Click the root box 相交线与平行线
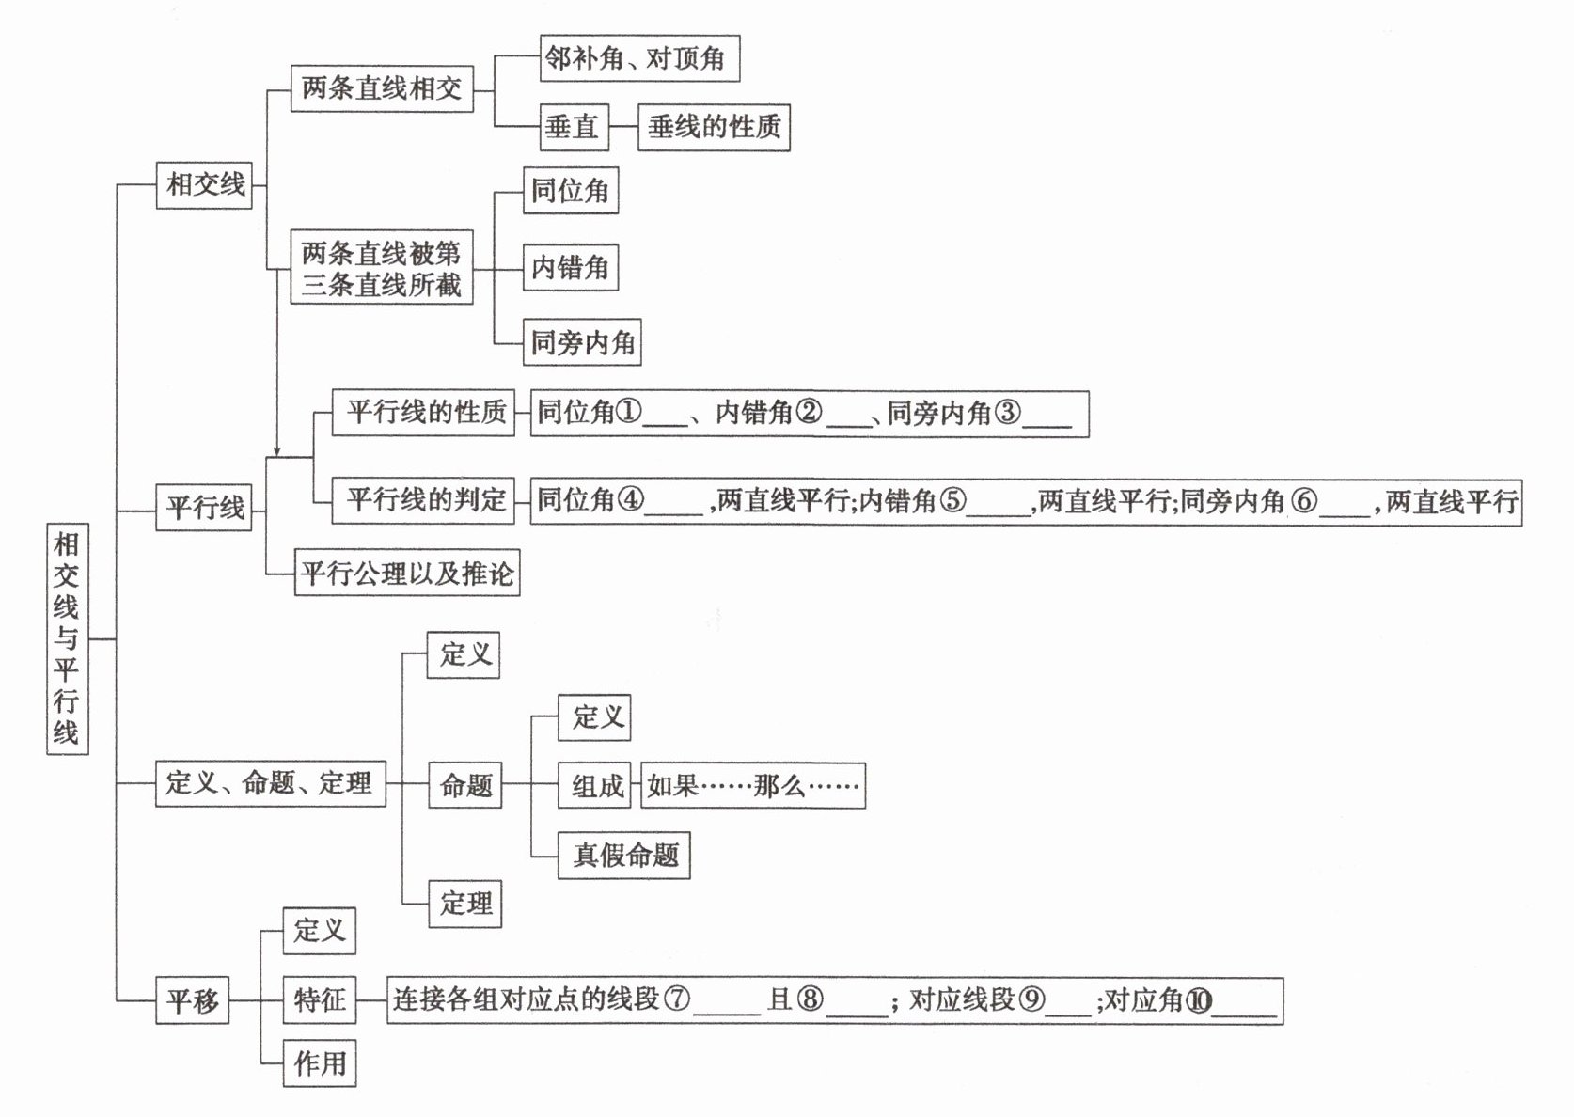pyautogui.click(x=67, y=638)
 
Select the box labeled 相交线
pyautogui.click(x=204, y=184)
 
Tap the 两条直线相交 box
pyautogui.click(x=381, y=88)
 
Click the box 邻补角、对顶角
pyautogui.click(x=638, y=58)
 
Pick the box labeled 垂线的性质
pyautogui.click(x=714, y=127)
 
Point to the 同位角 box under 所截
pyautogui.click(x=570, y=191)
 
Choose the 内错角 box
pyautogui.click(x=570, y=268)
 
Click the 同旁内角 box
pyautogui.click(x=583, y=342)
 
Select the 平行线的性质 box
pyautogui.click(x=424, y=412)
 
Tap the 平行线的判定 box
pyautogui.click(x=424, y=500)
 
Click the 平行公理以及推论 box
pyautogui.click(x=407, y=573)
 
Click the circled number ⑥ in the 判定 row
pyautogui.click(x=1304, y=501)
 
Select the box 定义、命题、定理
pyautogui.click(x=270, y=782)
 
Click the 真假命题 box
pyautogui.click(x=624, y=856)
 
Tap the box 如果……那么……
pyautogui.click(x=753, y=786)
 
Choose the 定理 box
pyautogui.click(x=465, y=904)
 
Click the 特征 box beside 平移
pyautogui.click(x=320, y=999)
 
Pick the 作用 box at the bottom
pyautogui.click(x=320, y=1063)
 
